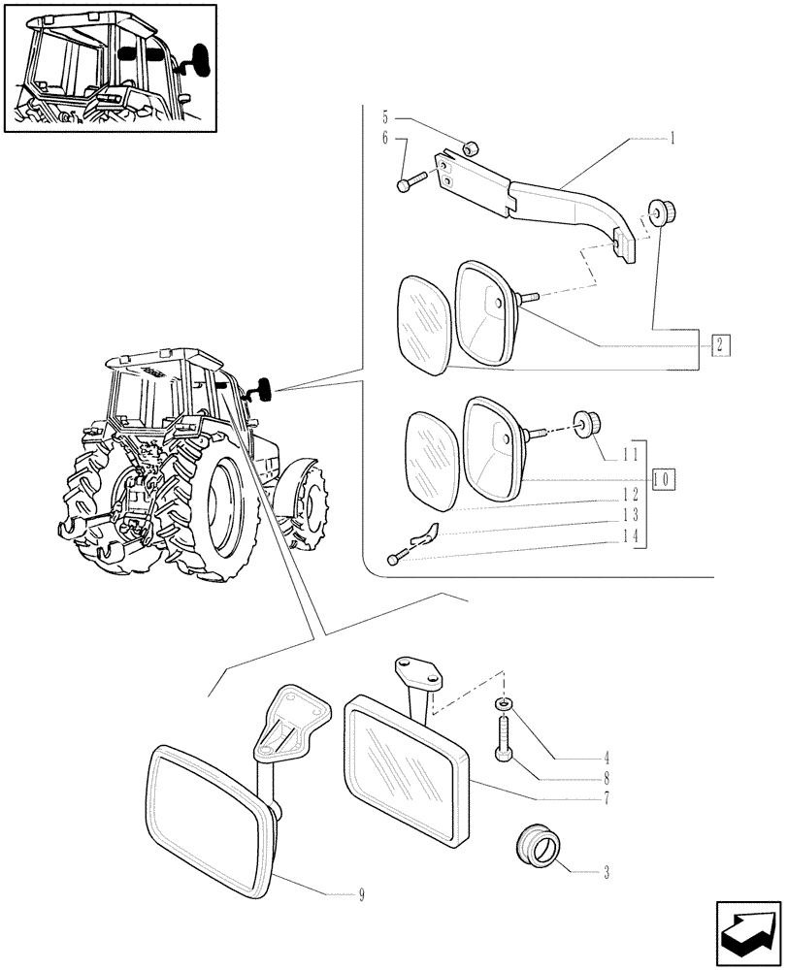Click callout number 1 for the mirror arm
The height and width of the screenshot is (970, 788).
coord(671,139)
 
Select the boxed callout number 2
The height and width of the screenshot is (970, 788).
coord(719,344)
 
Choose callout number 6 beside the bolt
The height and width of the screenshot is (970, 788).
coord(384,139)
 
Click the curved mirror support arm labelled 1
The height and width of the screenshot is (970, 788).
coord(573,208)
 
